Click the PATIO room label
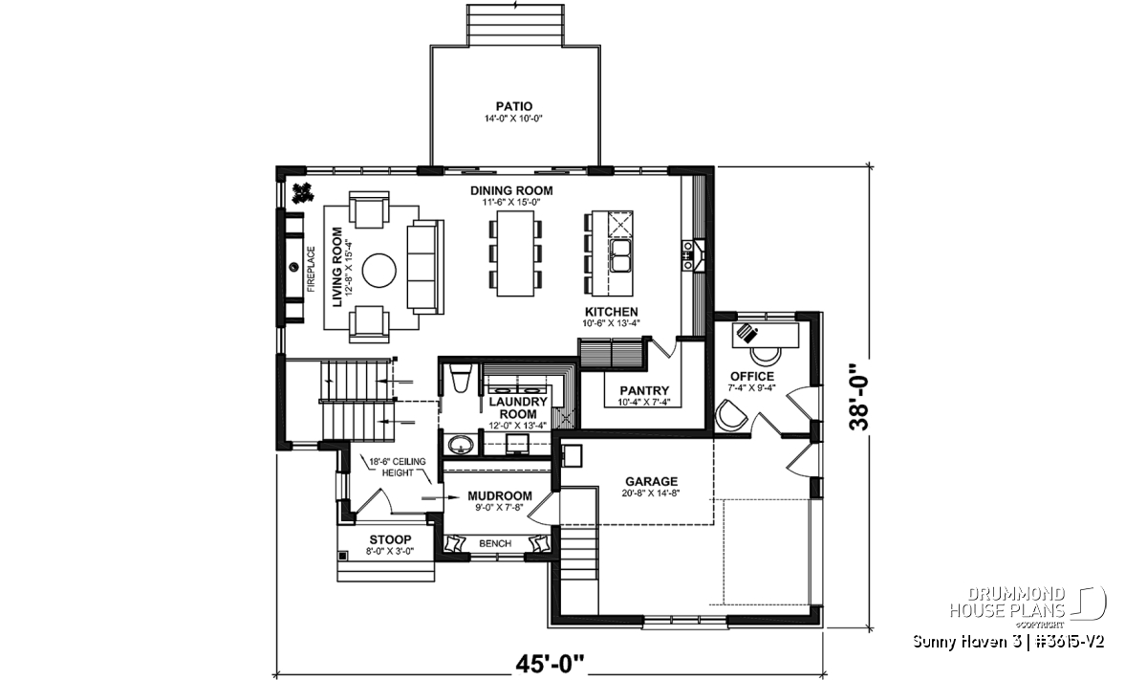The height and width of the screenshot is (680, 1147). coord(514,106)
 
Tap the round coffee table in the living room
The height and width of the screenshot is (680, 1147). coord(379,270)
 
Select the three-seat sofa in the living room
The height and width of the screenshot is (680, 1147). coord(425,267)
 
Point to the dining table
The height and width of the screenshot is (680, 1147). coord(515,253)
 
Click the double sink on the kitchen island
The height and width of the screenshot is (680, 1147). coord(620,255)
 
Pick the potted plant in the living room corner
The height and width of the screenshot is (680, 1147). coord(302,194)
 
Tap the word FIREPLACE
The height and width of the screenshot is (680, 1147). coord(311,270)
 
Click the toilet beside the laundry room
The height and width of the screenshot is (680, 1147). coord(460,378)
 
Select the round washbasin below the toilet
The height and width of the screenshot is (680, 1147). coord(462,445)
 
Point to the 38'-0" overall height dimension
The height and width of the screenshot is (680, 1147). coord(859,397)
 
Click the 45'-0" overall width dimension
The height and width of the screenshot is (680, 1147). coord(550,664)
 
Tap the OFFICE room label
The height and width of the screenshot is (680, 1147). coord(752,377)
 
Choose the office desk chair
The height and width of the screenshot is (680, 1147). coord(766,355)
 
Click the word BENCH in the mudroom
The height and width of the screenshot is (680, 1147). coord(495,543)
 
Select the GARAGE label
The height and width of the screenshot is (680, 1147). coord(651,482)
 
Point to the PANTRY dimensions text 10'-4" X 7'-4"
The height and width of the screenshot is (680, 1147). coord(643,403)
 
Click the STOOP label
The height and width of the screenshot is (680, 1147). coord(390,539)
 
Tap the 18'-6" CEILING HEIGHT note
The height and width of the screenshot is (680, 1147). coord(398,467)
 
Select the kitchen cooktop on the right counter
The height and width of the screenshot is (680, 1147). coord(686,254)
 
